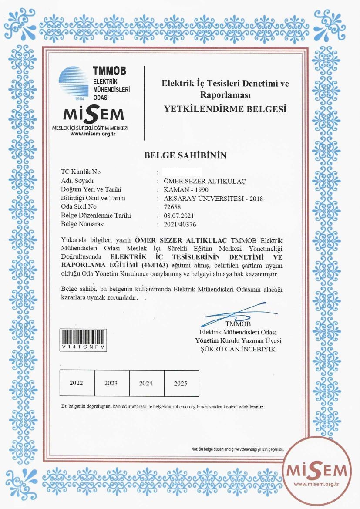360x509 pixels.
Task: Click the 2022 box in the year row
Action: coord(76,383)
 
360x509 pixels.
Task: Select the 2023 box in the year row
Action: coord(111,383)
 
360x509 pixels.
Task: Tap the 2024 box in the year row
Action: coord(146,383)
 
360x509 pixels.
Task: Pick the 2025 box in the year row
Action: coord(181,383)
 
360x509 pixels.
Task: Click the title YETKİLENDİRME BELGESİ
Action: coord(225,109)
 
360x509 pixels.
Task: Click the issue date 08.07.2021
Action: coord(178,216)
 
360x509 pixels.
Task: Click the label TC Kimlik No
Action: coord(81,172)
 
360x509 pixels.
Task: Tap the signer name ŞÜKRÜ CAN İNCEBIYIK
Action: coord(238,349)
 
